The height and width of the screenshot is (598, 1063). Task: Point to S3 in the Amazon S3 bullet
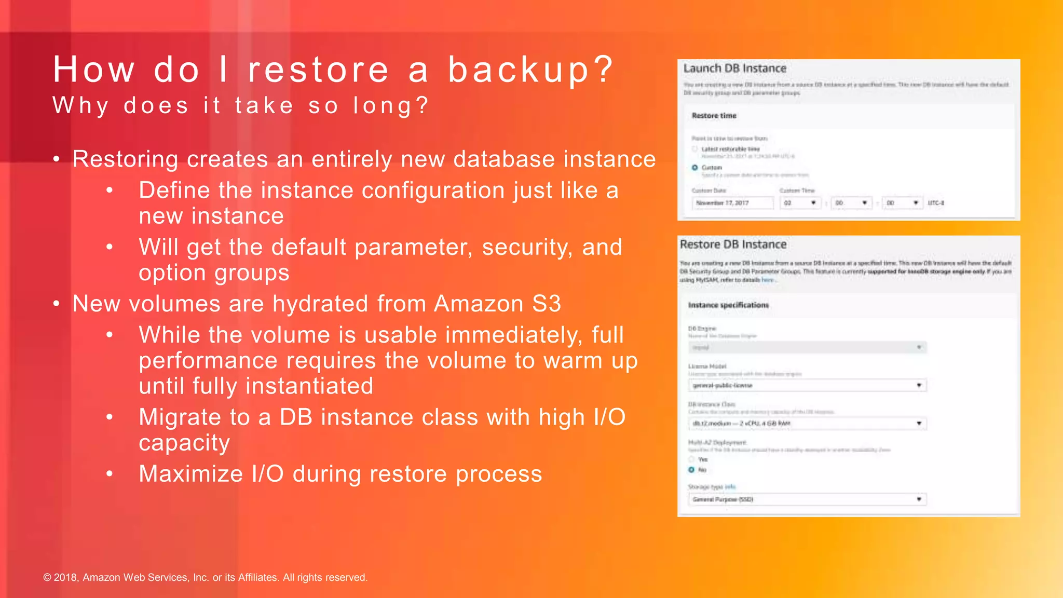click(x=547, y=304)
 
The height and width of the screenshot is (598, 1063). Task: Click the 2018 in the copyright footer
click(x=65, y=577)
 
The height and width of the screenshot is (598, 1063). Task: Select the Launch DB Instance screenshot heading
click(x=734, y=69)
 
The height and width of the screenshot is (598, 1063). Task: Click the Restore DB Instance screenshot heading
click(x=733, y=244)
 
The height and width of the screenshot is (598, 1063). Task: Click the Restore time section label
click(x=714, y=116)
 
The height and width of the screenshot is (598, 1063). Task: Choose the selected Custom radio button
click(x=694, y=168)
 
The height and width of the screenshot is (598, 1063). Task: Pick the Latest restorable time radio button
click(x=694, y=149)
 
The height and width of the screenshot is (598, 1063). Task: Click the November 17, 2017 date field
click(x=732, y=203)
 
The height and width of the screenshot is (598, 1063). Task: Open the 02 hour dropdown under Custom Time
click(x=800, y=203)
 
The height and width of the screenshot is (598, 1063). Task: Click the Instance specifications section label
click(x=728, y=305)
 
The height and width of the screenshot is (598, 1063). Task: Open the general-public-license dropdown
click(x=807, y=385)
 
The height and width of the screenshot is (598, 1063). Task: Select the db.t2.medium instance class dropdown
click(x=807, y=424)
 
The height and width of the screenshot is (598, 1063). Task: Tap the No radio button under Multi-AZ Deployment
click(x=691, y=470)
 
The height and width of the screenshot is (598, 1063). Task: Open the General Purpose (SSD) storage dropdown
click(x=807, y=499)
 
